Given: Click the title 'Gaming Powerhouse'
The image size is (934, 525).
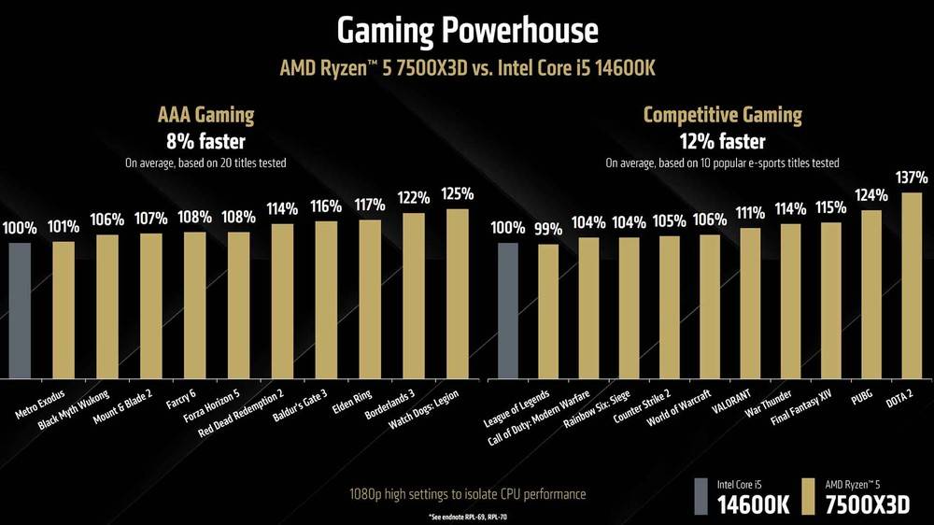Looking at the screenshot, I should (x=466, y=30).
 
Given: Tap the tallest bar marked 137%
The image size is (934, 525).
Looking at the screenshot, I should (x=913, y=284).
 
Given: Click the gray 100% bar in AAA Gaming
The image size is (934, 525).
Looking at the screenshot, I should (x=20, y=309).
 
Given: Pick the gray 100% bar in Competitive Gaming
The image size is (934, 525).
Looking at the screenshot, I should (x=507, y=309).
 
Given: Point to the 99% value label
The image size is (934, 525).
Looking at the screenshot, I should (x=548, y=229).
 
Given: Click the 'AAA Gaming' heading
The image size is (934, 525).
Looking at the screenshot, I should (x=205, y=116).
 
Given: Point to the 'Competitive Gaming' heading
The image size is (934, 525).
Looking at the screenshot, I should (x=722, y=116).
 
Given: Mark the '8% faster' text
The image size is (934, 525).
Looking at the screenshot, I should (x=205, y=141).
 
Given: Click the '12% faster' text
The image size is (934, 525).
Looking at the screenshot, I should (x=722, y=141).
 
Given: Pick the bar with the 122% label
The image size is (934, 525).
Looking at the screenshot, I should (x=414, y=294).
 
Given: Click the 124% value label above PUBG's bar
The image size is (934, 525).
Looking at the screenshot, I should (x=870, y=195).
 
